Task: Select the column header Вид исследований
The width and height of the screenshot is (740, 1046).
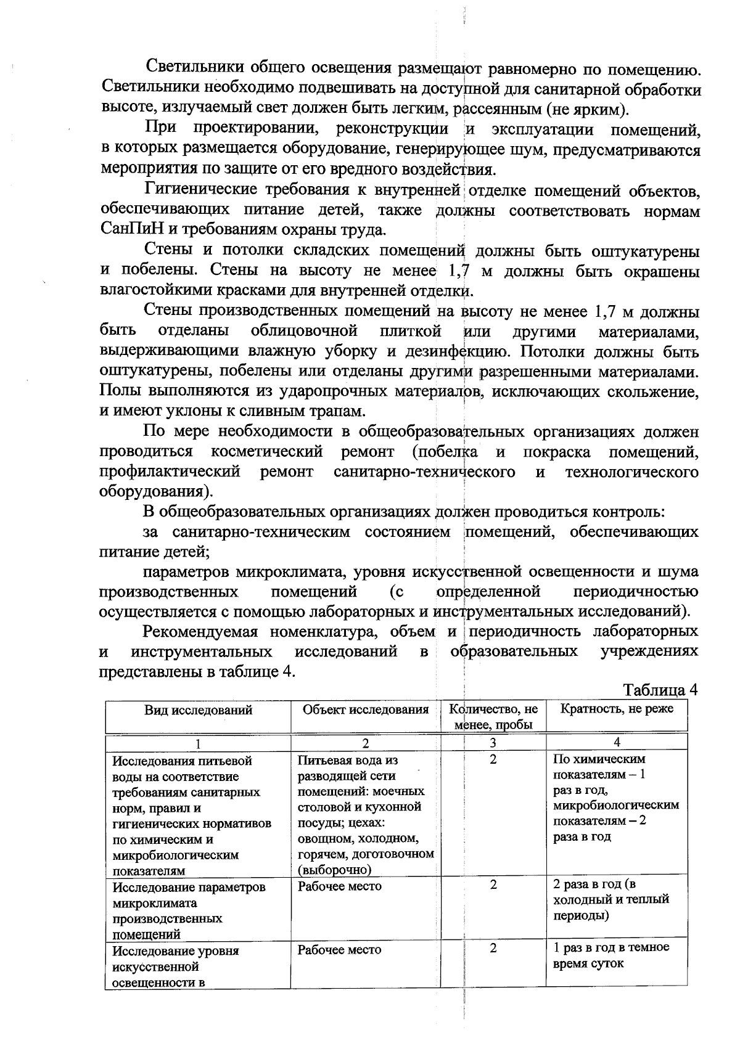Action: pyautogui.click(x=198, y=710)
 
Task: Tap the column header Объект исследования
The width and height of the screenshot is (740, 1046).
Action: pyautogui.click(x=366, y=709)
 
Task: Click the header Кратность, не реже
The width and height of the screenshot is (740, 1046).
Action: pyautogui.click(x=617, y=709)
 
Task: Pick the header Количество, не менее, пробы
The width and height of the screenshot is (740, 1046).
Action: pyautogui.click(x=493, y=717)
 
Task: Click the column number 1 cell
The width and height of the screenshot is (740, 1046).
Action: pyautogui.click(x=198, y=743)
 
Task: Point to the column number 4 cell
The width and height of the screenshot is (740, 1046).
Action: pyautogui.click(x=617, y=742)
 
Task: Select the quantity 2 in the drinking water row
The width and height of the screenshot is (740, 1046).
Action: pyautogui.click(x=493, y=759)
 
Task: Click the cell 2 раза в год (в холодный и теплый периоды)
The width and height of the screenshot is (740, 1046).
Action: pyautogui.click(x=611, y=900)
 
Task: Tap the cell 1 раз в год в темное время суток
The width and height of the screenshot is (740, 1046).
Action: pyautogui.click(x=611, y=955)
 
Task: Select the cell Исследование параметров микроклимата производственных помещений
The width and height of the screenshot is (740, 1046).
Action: pyautogui.click(x=189, y=910)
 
